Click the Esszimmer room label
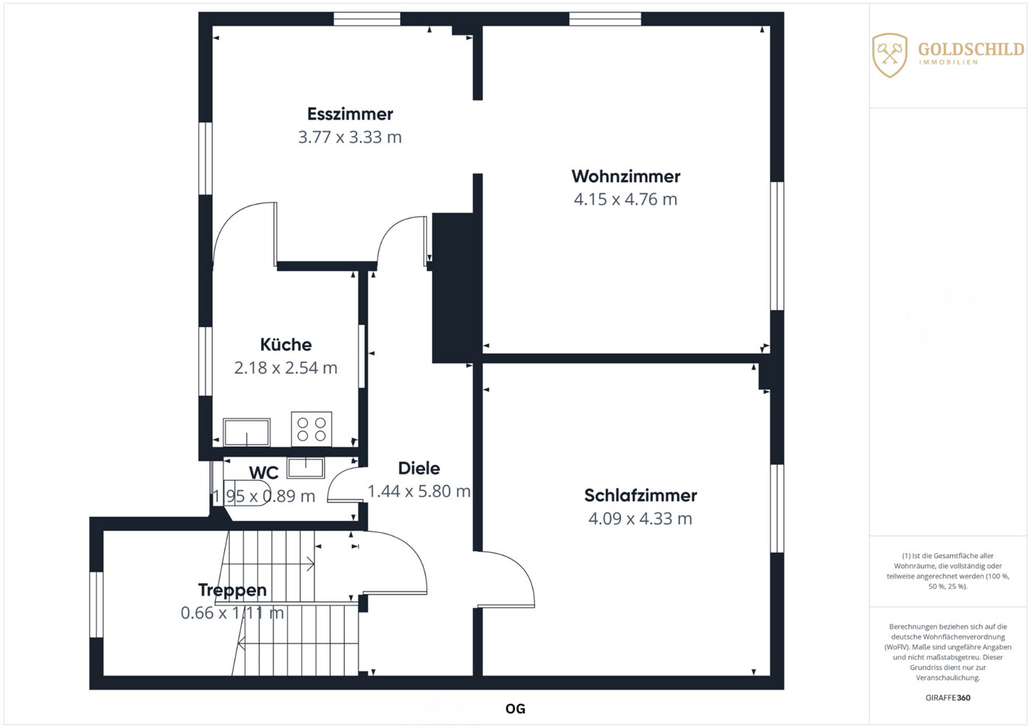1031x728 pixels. (350, 113)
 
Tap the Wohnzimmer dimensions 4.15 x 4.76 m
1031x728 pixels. (626, 199)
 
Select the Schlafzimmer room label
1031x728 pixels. (640, 496)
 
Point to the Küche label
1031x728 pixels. (286, 344)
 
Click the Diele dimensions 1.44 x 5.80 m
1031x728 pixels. (419, 491)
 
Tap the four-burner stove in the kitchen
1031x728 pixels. (312, 429)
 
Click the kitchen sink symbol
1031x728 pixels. (247, 432)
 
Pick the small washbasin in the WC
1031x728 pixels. (306, 468)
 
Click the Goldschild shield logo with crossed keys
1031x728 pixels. (890, 55)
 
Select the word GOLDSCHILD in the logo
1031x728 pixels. (971, 49)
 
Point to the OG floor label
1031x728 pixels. (515, 709)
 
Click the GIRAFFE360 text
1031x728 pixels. (948, 698)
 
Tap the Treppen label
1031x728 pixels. (232, 589)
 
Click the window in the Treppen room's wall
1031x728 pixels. (97, 605)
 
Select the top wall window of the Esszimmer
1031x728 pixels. (367, 19)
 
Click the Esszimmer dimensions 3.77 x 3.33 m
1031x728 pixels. (350, 137)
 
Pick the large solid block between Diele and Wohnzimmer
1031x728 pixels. (453, 287)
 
